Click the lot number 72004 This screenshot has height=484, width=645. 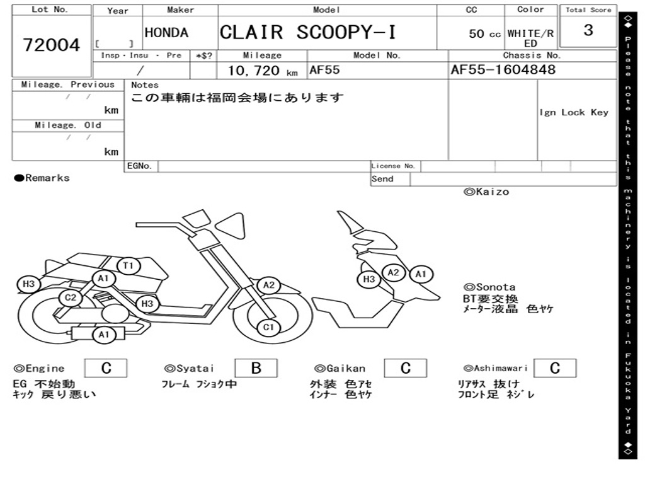click(52, 45)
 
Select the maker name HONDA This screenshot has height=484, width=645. click(166, 33)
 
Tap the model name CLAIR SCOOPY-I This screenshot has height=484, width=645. click(307, 32)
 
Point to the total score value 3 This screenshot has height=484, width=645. click(588, 30)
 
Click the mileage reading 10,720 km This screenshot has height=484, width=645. click(263, 71)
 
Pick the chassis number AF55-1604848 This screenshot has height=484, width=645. click(503, 69)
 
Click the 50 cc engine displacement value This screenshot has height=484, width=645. click(484, 34)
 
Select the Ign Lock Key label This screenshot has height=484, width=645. click(574, 112)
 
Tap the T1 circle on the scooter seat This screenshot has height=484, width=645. click(128, 265)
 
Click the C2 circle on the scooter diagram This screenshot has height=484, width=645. click(71, 297)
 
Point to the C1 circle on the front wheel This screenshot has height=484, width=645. click(268, 328)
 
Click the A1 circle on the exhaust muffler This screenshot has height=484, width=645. click(104, 335)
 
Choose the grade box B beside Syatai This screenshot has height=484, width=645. click(256, 368)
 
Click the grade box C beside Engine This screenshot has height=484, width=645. click(106, 368)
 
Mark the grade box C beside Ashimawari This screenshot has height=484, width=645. click(555, 368)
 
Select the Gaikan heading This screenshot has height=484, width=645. click(340, 368)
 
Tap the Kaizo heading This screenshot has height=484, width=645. click(486, 192)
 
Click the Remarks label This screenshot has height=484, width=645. click(42, 178)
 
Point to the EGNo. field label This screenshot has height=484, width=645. click(139, 166)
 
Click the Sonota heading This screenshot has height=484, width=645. click(489, 287)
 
